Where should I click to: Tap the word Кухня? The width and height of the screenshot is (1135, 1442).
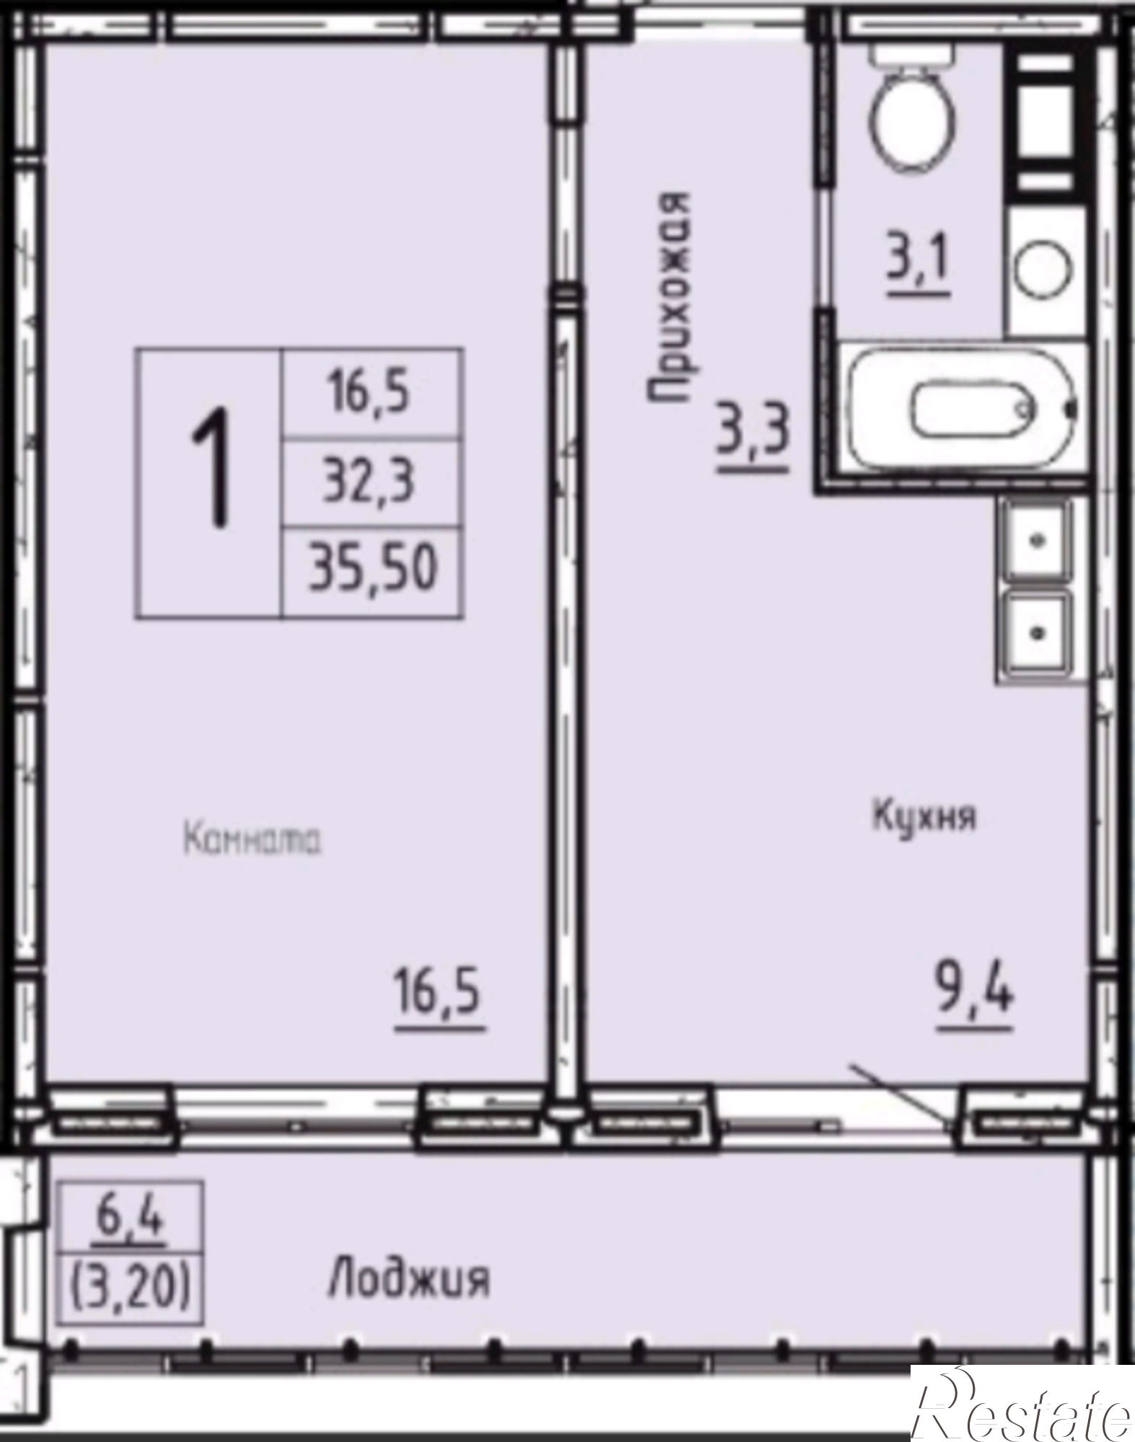924,817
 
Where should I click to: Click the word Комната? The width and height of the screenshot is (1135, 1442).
253,840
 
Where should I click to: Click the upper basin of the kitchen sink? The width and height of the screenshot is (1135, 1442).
1037,541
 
